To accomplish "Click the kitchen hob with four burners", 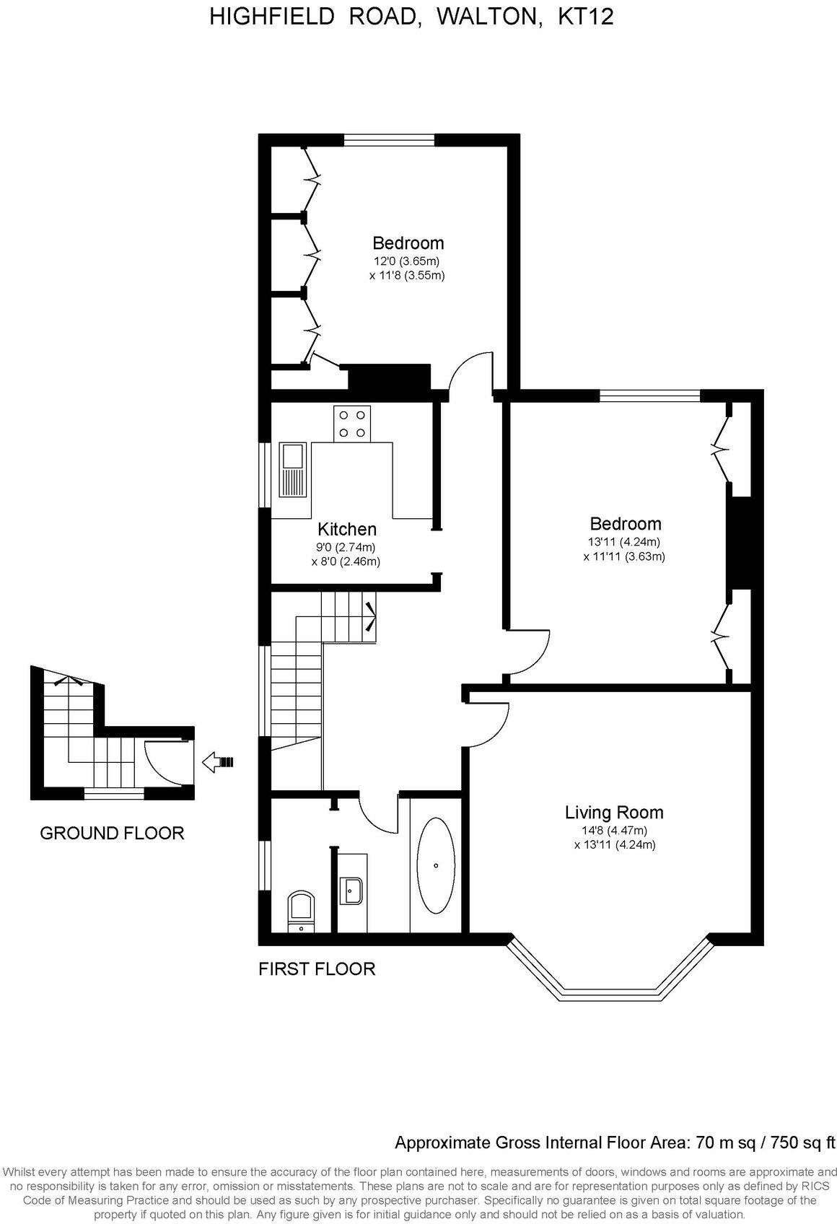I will (351, 424).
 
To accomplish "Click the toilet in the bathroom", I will (301, 912).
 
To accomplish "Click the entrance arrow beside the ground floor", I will (219, 761).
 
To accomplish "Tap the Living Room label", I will (614, 813).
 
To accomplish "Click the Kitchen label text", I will (347, 529).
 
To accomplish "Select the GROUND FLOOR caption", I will (112, 834).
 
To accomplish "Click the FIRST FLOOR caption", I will (317, 969).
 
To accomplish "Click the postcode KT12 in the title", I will (587, 17).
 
